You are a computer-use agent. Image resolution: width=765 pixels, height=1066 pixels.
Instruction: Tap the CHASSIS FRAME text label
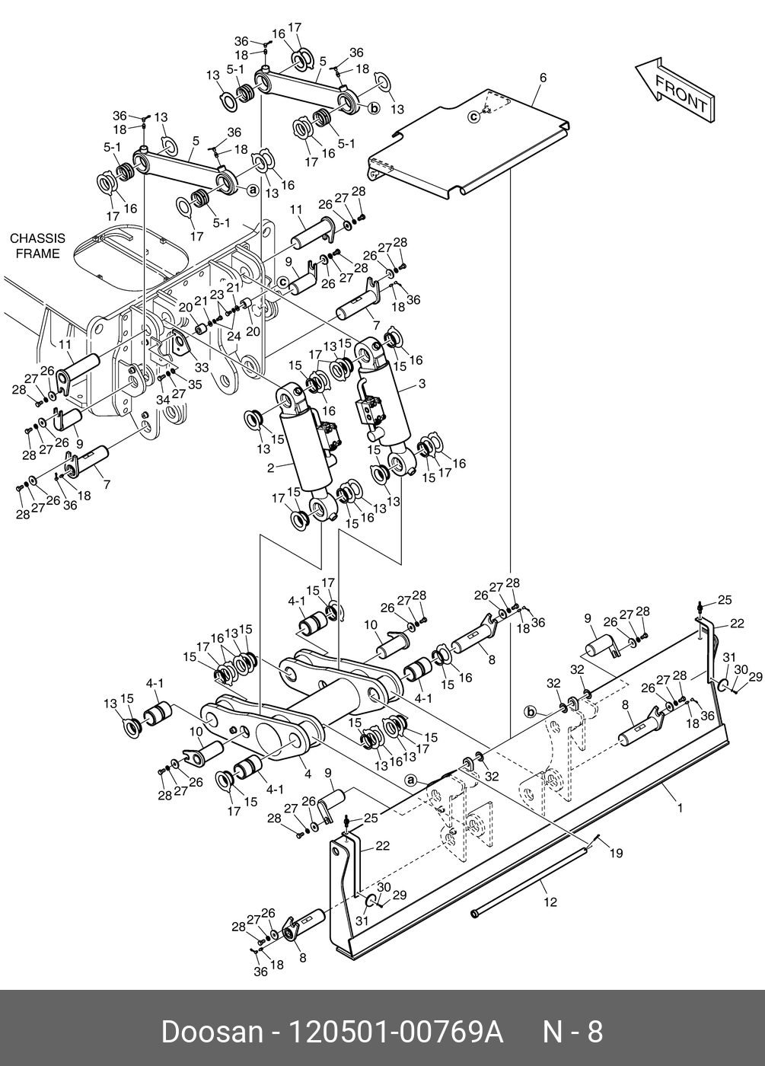[x=37, y=246]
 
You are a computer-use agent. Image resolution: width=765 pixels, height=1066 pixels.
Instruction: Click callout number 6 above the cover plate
[x=543, y=78]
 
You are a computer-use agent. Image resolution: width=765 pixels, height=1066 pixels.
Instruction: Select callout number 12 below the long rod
[x=550, y=902]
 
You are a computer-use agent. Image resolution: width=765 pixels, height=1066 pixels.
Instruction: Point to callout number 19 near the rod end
[x=616, y=854]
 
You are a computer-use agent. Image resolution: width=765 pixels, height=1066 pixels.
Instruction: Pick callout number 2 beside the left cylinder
[x=270, y=468]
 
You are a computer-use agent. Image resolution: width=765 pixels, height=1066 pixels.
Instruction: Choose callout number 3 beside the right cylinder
[x=422, y=385]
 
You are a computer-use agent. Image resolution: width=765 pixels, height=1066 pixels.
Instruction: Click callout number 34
[x=161, y=400]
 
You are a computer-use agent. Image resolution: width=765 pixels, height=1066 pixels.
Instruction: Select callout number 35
[x=194, y=385]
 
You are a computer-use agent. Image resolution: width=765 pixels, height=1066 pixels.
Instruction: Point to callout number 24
[x=233, y=335]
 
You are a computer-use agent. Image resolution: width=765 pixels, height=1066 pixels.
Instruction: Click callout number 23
[x=217, y=294]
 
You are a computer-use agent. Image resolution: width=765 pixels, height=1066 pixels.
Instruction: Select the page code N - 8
[x=572, y=1032]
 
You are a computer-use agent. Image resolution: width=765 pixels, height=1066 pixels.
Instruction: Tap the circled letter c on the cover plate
[x=473, y=116]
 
